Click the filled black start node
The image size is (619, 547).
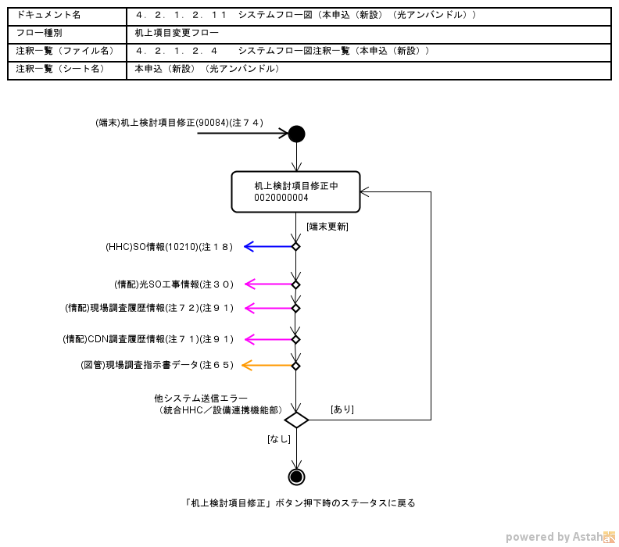[296, 134]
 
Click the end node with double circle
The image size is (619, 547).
[296, 477]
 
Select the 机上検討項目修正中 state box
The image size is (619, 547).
[295, 191]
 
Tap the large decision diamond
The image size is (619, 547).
[296, 420]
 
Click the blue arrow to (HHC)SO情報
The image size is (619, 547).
[269, 247]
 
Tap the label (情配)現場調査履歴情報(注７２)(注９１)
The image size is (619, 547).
[149, 308]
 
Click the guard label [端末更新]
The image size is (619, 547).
[327, 227]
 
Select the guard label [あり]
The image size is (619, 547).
[342, 409]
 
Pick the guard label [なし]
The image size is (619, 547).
[278, 439]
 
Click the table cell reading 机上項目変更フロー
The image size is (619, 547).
[177, 34]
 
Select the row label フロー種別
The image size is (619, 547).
[38, 34]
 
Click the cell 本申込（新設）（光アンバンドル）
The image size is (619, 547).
[207, 69]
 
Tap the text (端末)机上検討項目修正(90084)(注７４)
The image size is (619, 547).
[179, 122]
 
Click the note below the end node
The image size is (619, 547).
[300, 503]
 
